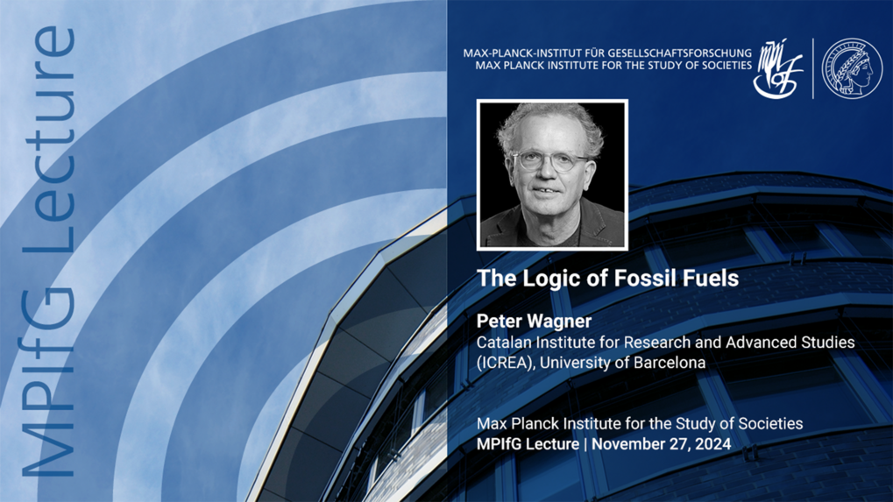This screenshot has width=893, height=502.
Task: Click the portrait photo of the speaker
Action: [552, 175]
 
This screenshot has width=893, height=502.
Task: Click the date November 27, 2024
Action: [661, 444]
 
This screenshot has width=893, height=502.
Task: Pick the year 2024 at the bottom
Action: [711, 444]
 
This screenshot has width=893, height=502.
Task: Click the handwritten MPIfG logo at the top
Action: [778, 67]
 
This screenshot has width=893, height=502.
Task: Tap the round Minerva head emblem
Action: [852, 67]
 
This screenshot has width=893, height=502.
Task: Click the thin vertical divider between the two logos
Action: [813, 67]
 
